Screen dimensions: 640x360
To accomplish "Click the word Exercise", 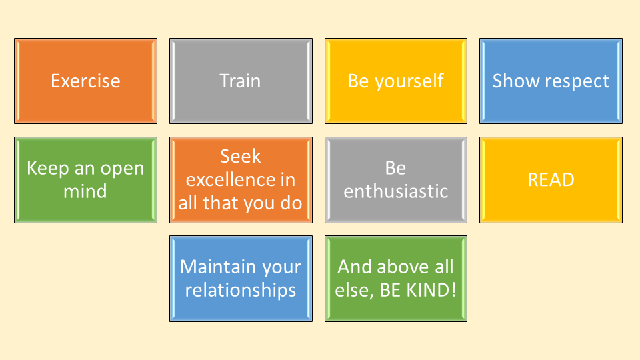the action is click(x=85, y=81).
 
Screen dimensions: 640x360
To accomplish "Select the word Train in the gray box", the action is click(x=240, y=81).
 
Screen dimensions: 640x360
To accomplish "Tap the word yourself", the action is click(x=409, y=81).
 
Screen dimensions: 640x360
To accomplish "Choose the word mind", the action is click(x=85, y=191).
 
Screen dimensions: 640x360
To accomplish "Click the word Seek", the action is click(x=241, y=156).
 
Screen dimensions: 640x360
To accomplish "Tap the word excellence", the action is click(x=231, y=179).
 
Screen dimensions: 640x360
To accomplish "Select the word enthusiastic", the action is click(x=395, y=191).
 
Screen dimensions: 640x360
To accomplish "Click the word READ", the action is click(x=551, y=180).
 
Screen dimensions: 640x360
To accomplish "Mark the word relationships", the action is click(x=241, y=291).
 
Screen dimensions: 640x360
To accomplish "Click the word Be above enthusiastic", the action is click(x=395, y=168).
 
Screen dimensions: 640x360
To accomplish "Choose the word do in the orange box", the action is click(x=291, y=203).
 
